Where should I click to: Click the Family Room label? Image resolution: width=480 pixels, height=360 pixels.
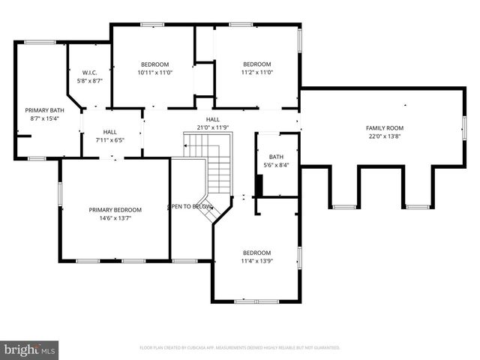[384, 128]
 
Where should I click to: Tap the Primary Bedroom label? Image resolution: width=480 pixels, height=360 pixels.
[115, 209]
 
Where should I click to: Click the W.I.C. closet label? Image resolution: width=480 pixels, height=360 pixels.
[89, 72]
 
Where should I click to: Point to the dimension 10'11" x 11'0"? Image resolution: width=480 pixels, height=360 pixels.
[154, 73]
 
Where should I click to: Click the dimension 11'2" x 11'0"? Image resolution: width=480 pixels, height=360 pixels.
[256, 73]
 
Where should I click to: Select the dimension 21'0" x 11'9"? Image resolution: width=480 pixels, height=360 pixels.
[213, 127]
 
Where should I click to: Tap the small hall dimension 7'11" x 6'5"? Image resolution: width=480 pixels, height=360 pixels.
[109, 140]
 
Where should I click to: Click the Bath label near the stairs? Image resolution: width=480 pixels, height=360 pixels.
[277, 157]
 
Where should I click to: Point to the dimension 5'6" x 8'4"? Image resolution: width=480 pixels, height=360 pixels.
[277, 165]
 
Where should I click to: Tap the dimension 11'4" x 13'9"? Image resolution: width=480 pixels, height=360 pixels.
[256, 261]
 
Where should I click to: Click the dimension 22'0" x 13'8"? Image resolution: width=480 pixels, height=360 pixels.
[384, 136]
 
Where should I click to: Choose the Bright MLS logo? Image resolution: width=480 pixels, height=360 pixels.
[30, 349]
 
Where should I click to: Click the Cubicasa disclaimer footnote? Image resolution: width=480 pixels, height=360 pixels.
[240, 347]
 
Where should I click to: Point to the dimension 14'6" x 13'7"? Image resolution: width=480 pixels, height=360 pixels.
[115, 218]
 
